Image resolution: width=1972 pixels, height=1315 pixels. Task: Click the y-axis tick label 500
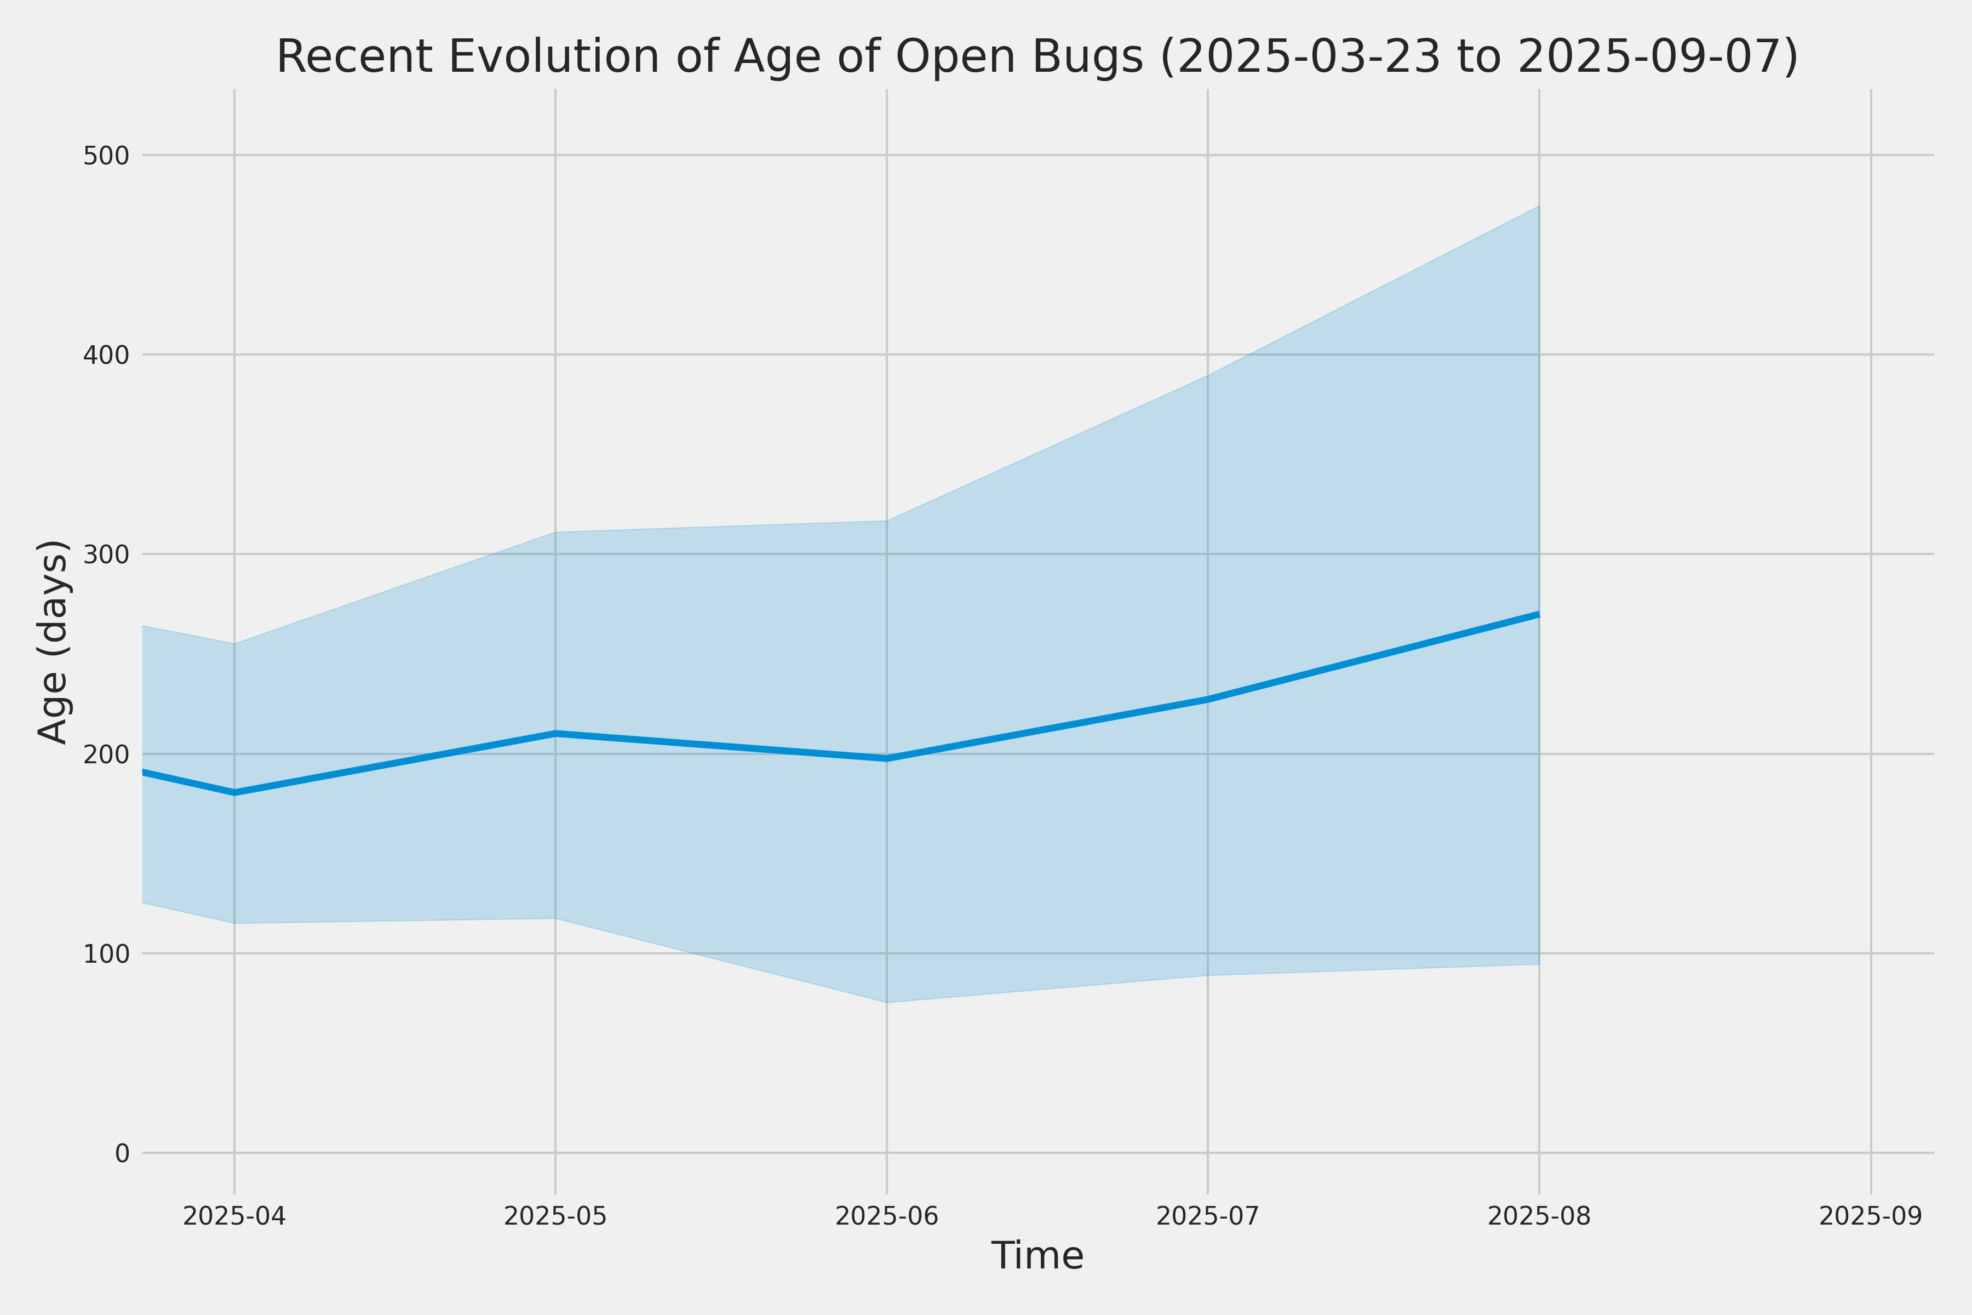point(106,156)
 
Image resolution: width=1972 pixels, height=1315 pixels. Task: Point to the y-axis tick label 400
point(106,356)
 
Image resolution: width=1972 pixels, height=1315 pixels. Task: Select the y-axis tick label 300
point(106,555)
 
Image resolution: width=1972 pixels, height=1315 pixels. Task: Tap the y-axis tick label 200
point(106,755)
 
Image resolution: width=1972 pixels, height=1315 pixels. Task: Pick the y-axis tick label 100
point(106,954)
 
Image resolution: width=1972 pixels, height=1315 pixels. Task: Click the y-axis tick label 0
point(122,1154)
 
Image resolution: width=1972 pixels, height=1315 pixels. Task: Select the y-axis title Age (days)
point(54,642)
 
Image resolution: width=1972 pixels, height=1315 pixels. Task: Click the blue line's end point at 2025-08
point(1539,614)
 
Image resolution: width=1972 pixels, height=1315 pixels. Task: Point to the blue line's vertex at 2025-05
point(555,733)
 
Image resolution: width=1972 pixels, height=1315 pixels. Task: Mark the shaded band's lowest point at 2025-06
point(887,1002)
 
